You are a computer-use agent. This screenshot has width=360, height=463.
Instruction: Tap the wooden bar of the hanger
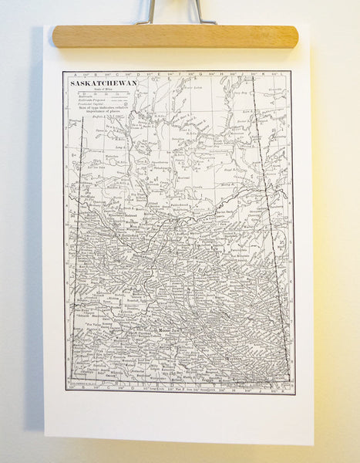click(x=175, y=36)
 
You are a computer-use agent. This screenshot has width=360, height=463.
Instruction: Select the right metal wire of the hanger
click(x=201, y=11)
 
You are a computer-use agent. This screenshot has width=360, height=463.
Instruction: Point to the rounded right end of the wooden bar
click(x=292, y=36)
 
